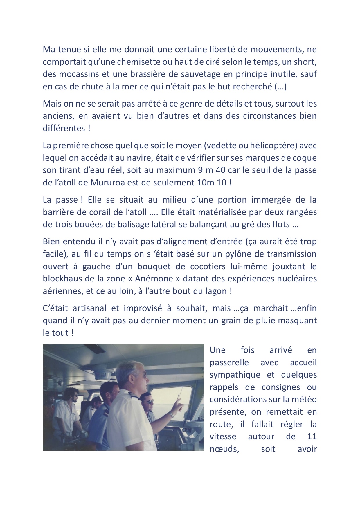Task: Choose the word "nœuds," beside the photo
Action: [224, 449]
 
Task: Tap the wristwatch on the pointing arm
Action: [172, 415]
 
